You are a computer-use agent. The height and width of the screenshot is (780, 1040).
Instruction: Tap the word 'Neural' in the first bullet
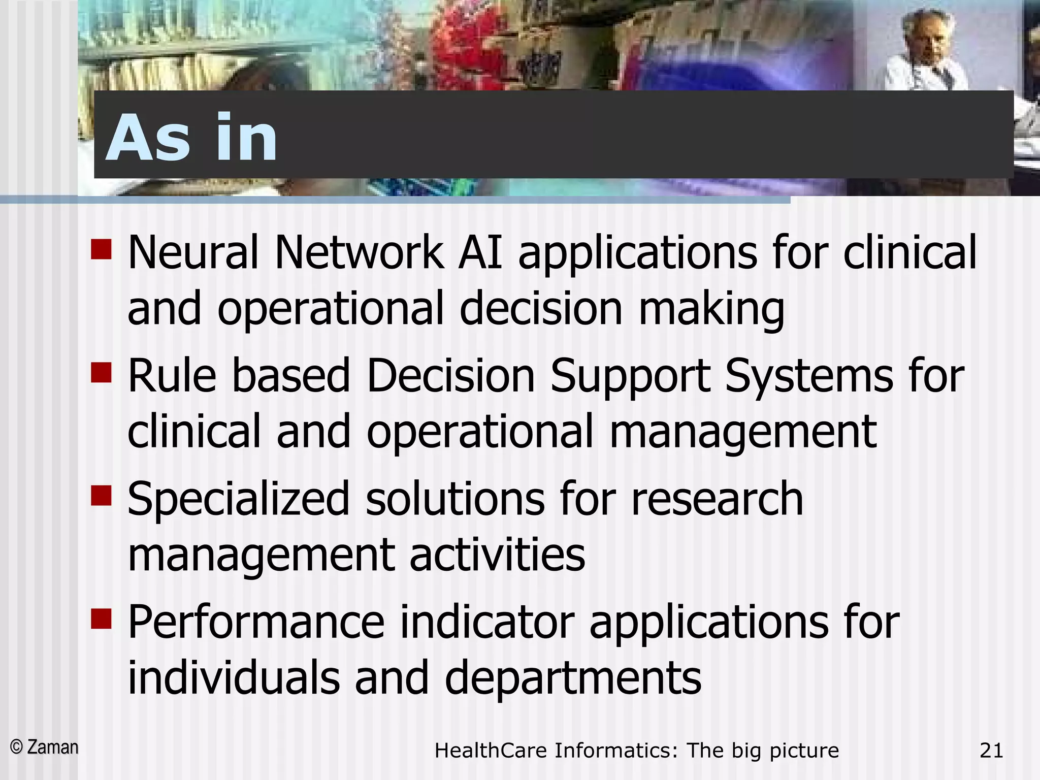(x=193, y=252)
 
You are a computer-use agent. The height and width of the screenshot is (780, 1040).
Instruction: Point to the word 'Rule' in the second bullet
(x=172, y=376)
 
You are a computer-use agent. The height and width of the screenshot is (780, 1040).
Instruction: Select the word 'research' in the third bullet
(x=717, y=499)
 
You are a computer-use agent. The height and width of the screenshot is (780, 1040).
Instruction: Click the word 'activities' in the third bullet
(x=497, y=555)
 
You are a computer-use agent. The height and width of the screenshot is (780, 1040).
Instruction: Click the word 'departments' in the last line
(x=573, y=679)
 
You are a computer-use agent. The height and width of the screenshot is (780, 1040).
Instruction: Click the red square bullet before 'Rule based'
(x=101, y=372)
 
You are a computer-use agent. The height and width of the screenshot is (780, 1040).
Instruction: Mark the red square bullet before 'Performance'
(x=101, y=619)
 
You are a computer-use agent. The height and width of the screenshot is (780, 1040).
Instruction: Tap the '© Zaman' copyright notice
(x=45, y=747)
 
